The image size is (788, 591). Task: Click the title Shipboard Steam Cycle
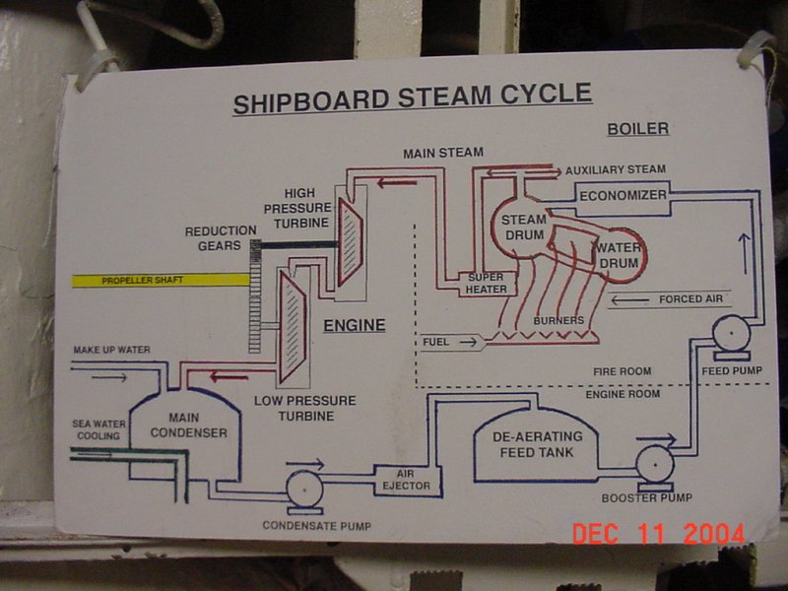(412, 98)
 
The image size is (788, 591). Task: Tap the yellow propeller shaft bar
(160, 281)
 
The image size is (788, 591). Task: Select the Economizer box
(623, 195)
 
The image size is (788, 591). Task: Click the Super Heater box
(487, 284)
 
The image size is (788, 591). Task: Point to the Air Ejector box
(391, 479)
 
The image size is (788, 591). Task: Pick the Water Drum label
(618, 255)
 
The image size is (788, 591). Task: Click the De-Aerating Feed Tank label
(538, 444)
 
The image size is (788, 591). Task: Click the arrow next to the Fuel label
(471, 343)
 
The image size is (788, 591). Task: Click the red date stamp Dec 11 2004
(659, 533)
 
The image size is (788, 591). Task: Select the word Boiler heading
(637, 129)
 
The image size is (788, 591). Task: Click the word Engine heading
(355, 325)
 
